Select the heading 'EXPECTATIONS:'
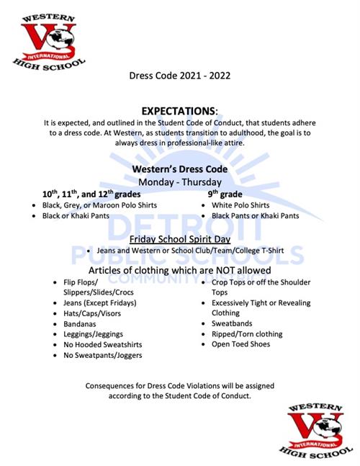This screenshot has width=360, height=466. pos(179,112)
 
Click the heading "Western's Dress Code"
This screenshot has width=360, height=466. pos(179,169)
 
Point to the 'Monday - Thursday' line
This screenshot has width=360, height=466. pos(179,182)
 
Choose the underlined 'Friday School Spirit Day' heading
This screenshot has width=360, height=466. pos(179,238)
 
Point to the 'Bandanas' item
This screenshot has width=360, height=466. pos(79,325)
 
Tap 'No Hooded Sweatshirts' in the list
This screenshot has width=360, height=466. pos(98,345)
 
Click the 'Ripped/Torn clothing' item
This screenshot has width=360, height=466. pos(246,334)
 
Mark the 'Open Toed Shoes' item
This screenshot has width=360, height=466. pos(240,344)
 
